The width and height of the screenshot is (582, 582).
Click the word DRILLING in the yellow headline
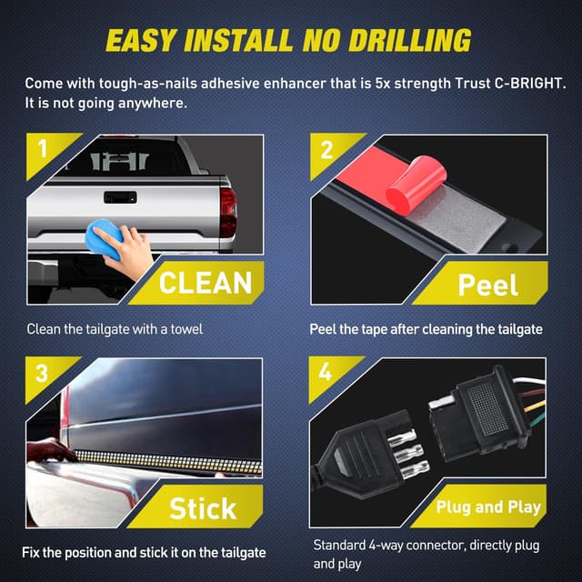pos(410,40)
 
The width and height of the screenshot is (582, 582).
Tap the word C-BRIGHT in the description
pos(529,83)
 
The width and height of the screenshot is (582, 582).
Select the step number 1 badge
pos(43,148)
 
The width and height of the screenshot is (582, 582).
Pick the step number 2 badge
pos(326,149)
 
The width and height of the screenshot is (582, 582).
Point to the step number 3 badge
pos(42,373)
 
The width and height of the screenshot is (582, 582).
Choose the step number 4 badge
pos(326,371)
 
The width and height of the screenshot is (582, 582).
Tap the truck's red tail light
pos(228,213)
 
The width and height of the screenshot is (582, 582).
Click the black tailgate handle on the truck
pos(120,197)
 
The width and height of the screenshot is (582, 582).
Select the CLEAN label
pos(206,283)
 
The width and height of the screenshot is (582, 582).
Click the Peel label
pos(487,285)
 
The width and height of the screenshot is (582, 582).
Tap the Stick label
pos(203,508)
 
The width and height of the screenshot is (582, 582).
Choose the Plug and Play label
pos(488,507)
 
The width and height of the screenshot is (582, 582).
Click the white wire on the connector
pos(529,380)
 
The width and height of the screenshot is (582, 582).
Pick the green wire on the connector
pos(535,420)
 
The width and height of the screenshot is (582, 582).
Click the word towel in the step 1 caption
pos(186,329)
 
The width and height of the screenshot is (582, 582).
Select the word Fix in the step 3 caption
pos(31,553)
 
